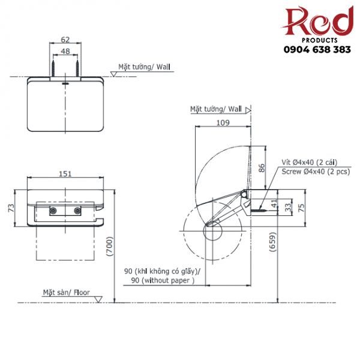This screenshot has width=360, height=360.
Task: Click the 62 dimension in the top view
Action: [65, 40]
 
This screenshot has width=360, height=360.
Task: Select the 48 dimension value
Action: [65, 52]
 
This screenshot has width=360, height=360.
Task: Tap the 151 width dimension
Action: [65, 173]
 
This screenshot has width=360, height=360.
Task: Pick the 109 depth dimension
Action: [221, 122]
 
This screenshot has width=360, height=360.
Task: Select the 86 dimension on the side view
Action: [261, 168]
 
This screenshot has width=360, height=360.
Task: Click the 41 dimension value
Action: [274, 203]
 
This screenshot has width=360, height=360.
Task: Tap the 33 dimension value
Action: [288, 207]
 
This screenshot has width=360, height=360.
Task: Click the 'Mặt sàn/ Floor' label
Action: [66, 293]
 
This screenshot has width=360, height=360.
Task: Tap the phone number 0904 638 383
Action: [317, 50]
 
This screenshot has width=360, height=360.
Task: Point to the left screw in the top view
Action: [53, 67]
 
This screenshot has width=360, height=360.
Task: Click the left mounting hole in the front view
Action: [53, 211]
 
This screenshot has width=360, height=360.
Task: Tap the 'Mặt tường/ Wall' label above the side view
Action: [216, 109]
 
